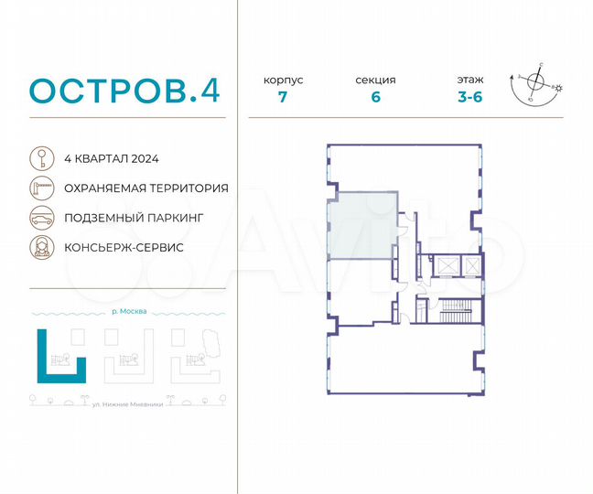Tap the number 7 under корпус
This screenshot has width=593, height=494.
(284, 98)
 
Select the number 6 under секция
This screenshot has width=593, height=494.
(376, 98)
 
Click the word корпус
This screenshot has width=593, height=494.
(284, 81)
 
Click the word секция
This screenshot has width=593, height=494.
(376, 81)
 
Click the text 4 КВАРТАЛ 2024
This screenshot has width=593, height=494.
(112, 158)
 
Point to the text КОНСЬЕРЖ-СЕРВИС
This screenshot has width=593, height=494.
(124, 248)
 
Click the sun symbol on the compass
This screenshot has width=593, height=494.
(561, 88)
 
